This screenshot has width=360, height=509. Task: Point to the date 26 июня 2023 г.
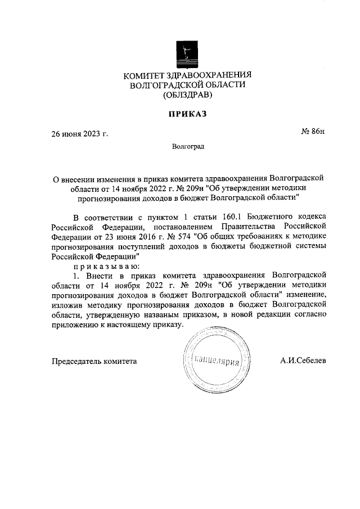(79, 134)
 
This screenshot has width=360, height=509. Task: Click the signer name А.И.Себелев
(303, 360)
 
